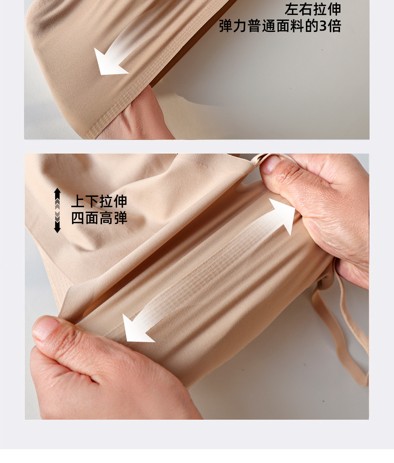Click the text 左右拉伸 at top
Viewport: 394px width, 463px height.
[313, 9]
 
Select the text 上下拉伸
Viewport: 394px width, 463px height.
[99, 202]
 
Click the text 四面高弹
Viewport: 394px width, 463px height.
[99, 218]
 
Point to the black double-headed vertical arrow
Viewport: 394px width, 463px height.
[58, 210]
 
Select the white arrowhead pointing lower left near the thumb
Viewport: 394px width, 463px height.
[136, 329]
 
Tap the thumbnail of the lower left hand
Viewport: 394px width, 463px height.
[43, 327]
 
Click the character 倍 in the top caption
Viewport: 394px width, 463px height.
[335, 26]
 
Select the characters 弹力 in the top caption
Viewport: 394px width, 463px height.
[233, 26]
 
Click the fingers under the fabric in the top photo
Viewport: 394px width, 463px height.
[139, 118]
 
